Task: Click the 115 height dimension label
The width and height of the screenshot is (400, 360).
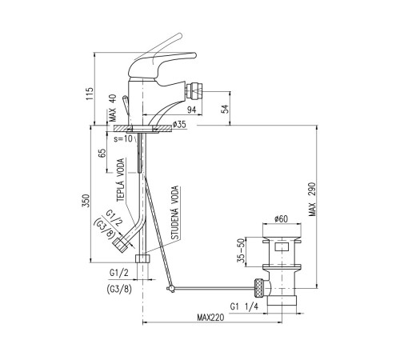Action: point(90,94)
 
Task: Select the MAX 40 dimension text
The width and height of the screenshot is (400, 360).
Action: point(113,108)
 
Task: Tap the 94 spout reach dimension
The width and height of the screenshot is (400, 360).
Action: point(191,110)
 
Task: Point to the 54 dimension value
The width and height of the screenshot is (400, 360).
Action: point(226,109)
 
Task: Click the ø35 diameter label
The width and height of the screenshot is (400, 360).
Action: point(179,124)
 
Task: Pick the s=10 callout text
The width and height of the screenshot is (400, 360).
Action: point(123,138)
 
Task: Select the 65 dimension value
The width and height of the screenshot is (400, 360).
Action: point(102,154)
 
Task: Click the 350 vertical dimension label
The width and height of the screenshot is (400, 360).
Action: point(86,201)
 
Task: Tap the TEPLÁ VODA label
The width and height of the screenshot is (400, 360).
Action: point(121,180)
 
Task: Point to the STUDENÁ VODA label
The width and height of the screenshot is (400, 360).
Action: point(174,213)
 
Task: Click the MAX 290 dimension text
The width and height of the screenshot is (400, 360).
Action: point(312,199)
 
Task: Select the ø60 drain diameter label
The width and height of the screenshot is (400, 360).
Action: point(281,219)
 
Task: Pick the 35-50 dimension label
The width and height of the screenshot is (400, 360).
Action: point(242,250)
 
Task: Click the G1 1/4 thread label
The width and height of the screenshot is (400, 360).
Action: point(244,306)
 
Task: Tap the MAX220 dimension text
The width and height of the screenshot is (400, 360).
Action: point(210,318)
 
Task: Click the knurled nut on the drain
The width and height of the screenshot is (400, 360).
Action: point(259,288)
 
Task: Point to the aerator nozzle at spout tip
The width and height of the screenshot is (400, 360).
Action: point(195,91)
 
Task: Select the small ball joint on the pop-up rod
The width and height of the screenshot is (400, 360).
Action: point(170,289)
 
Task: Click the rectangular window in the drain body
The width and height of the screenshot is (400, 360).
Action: point(282,246)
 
